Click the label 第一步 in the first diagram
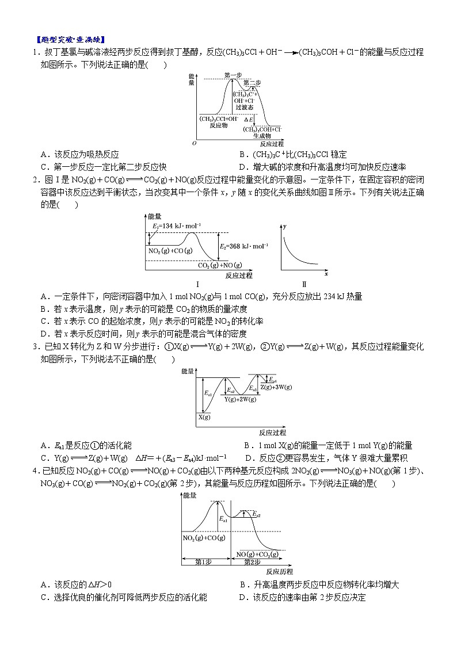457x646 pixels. click(233, 75)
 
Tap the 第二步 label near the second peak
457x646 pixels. click(252, 83)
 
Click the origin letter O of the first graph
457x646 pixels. click(194, 143)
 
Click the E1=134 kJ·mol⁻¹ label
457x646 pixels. click(177, 227)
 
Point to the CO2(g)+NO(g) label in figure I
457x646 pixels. click(220, 265)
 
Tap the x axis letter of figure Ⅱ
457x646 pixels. click(326, 274)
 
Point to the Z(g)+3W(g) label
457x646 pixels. click(276, 387)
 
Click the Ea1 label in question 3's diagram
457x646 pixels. click(208, 394)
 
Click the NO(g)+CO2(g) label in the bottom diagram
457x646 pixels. click(258, 553)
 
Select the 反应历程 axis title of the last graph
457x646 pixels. click(279, 571)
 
